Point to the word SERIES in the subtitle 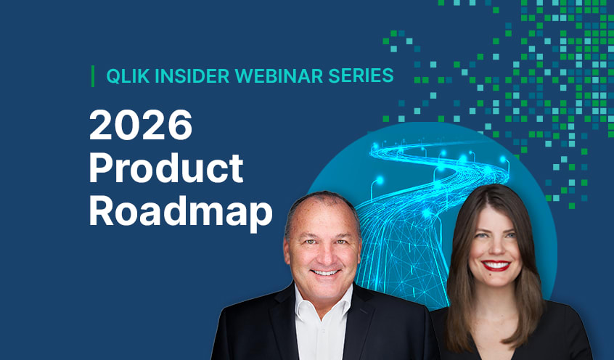[359, 75]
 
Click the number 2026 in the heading [141, 128]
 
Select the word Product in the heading [166, 169]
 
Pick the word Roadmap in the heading [181, 211]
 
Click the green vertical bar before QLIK [93, 75]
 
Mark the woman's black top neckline [494, 319]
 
